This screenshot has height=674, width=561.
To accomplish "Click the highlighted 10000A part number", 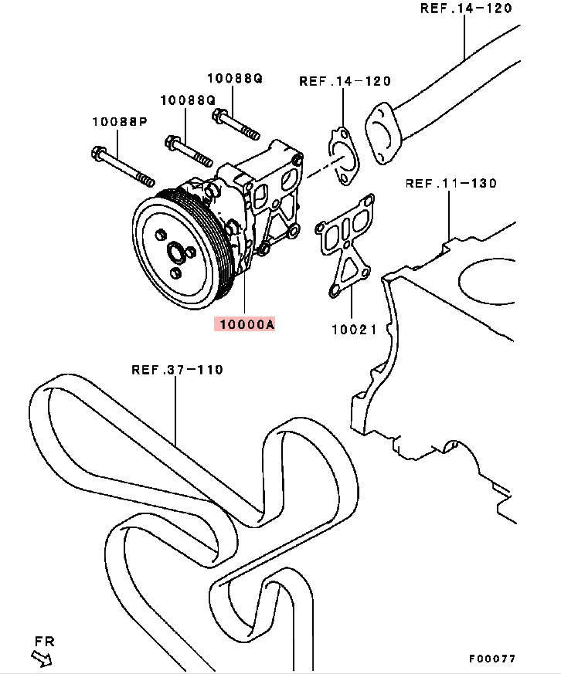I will [246, 325].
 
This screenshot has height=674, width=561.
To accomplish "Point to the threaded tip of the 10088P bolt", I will [145, 181].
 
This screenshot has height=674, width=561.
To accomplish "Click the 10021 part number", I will [354, 330].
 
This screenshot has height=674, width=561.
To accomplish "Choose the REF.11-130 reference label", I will [450, 183].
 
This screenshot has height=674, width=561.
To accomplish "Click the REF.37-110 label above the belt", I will [177, 369].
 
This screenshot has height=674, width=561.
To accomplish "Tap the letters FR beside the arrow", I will [44, 641].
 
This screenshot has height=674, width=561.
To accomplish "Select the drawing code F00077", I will [491, 659].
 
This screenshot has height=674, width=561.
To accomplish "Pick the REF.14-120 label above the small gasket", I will [345, 80].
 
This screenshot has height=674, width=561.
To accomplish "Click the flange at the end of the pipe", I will [382, 132].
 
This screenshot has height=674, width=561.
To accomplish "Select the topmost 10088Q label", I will [234, 78].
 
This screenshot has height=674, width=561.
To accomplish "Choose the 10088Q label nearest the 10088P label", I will [187, 100].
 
